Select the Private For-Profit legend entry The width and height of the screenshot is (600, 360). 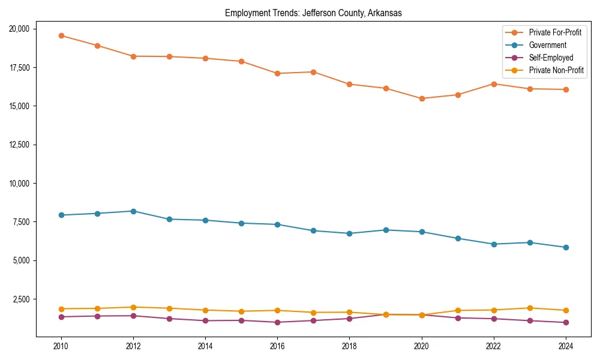pyautogui.click(x=555, y=32)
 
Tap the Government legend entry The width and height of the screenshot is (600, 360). pyautogui.click(x=547, y=45)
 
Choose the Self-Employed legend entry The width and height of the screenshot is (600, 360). pyautogui.click(x=551, y=58)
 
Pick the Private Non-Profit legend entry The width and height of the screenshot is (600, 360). pyautogui.click(x=556, y=71)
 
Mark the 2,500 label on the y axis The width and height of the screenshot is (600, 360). pyautogui.click(x=25, y=299)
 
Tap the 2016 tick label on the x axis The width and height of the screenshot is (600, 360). pyautogui.click(x=277, y=346)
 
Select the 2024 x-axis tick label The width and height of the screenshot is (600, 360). pyautogui.click(x=566, y=346)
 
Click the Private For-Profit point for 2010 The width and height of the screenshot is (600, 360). pyautogui.click(x=61, y=35)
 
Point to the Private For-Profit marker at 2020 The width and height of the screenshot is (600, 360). pyautogui.click(x=422, y=98)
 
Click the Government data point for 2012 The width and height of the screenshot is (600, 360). pyautogui.click(x=133, y=211)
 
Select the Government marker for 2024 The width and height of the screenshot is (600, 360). pyautogui.click(x=566, y=247)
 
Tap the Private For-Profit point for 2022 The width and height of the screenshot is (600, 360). pyautogui.click(x=494, y=84)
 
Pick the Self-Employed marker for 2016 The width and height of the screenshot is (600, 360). pyautogui.click(x=277, y=322)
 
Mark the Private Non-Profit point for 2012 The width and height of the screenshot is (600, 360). pyautogui.click(x=133, y=307)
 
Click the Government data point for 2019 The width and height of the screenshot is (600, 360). pyautogui.click(x=386, y=230)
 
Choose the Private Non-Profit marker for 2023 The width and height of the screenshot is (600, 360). pyautogui.click(x=530, y=308)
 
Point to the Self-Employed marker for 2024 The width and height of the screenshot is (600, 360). pyautogui.click(x=566, y=322)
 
